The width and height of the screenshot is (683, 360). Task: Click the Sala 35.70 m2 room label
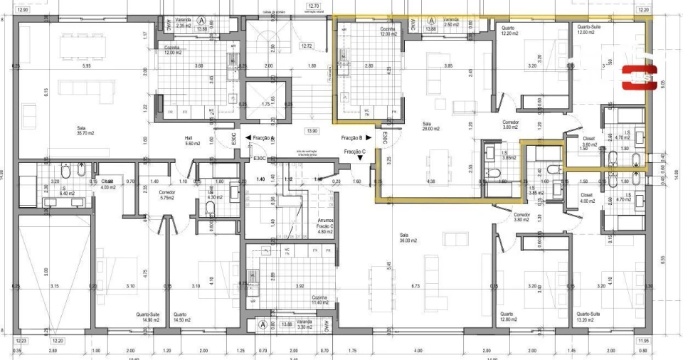coord(85,131)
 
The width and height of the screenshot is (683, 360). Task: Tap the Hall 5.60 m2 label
coord(189,141)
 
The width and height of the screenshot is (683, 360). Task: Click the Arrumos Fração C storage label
coord(324,226)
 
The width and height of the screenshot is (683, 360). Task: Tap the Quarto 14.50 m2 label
coord(180,317)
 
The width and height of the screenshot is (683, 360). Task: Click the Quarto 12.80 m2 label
coord(507,317)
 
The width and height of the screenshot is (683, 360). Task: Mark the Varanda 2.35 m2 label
coord(184,23)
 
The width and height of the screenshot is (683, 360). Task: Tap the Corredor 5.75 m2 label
coord(167,194)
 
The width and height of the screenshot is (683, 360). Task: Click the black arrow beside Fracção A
coord(247,138)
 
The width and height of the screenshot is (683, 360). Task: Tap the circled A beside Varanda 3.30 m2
coord(263,324)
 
